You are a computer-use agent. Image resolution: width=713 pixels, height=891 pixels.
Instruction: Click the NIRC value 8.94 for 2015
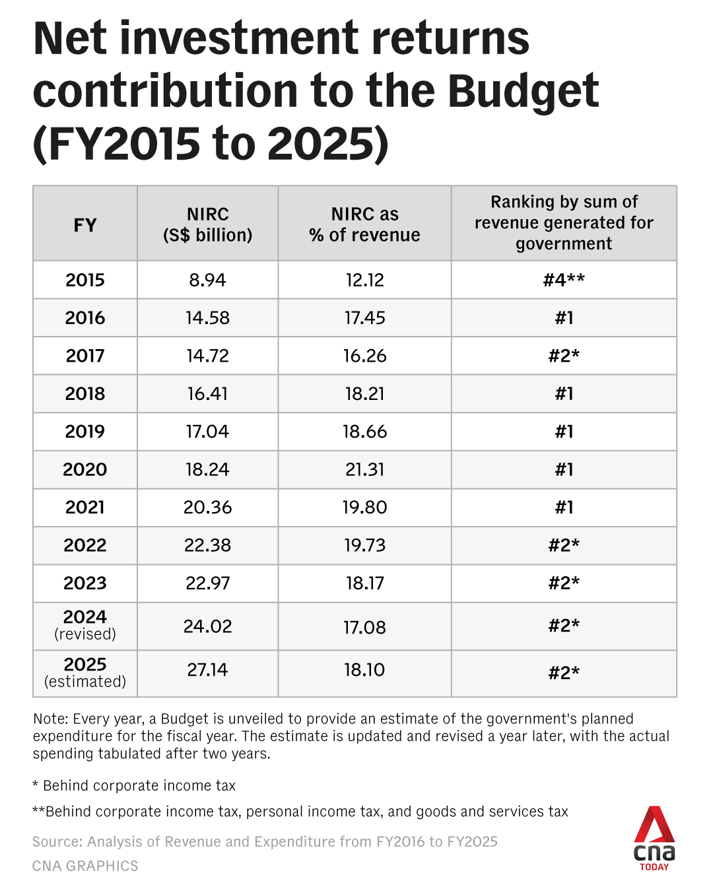coord(207,280)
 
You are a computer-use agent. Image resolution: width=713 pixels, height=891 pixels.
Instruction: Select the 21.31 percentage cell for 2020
coord(364,469)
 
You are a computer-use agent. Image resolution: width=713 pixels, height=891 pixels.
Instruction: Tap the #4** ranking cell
coord(564,280)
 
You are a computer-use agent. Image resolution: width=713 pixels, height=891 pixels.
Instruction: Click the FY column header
coord(85,225)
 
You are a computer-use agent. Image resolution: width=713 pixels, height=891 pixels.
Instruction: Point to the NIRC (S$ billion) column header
coord(207,224)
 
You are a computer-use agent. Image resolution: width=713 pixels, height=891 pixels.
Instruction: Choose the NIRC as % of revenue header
coord(364,224)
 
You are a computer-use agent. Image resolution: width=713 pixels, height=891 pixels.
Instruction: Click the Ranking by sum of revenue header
coord(564,222)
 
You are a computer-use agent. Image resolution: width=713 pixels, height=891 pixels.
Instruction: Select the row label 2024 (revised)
coord(85,624)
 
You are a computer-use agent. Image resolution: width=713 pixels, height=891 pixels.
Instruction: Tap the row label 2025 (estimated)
coord(85,672)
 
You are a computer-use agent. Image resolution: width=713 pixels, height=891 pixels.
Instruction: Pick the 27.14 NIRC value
coord(207,670)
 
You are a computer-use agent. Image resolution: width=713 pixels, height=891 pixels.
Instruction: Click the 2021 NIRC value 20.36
coord(207,507)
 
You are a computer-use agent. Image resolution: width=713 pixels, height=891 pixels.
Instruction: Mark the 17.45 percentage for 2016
coord(364,317)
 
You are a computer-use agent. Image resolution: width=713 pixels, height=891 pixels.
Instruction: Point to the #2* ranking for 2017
coord(564,356)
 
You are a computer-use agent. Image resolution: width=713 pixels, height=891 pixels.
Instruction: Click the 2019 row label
coord(85,432)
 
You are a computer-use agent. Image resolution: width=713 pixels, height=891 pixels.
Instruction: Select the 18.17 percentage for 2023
coord(364,583)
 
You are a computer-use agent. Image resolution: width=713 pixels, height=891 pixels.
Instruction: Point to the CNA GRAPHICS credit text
coord(85,866)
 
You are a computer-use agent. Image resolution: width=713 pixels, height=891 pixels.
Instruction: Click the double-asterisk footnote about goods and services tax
coord(300,812)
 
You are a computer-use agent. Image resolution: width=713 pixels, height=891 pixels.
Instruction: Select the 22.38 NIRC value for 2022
coord(207,545)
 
